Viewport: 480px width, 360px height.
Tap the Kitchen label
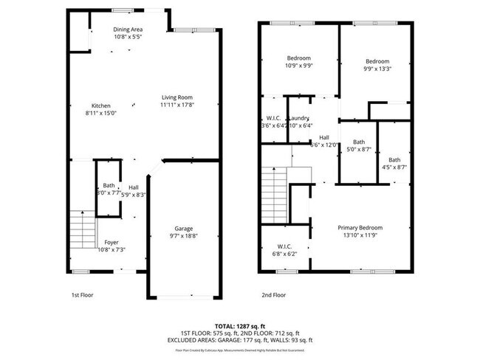[x=101, y=105]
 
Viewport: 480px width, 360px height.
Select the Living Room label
[x=178, y=97]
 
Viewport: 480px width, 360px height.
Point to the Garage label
[x=184, y=228]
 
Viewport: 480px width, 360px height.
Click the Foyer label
[x=111, y=242]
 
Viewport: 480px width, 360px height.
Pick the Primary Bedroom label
[x=360, y=227]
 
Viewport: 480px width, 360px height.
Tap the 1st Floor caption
[x=83, y=294]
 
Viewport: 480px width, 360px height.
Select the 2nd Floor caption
[x=273, y=294]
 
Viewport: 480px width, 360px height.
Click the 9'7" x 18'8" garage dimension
[x=185, y=236]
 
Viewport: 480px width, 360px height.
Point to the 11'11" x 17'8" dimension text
[x=178, y=105]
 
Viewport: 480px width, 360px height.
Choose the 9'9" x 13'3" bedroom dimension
[x=377, y=69]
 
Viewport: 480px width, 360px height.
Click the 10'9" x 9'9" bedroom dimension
[x=299, y=66]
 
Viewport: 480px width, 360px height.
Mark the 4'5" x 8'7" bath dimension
[x=394, y=167]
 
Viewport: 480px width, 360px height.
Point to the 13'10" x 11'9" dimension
[x=360, y=235]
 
